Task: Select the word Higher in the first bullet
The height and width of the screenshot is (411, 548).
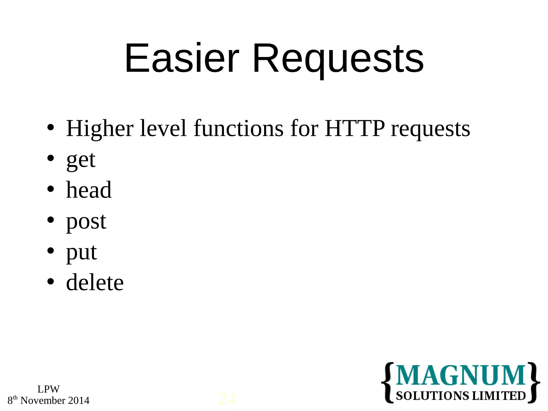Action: pyautogui.click(x=100, y=129)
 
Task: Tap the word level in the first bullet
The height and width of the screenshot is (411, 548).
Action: pyautogui.click(x=163, y=128)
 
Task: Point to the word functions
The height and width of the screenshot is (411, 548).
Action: pyautogui.click(x=238, y=128)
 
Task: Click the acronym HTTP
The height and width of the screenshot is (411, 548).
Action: pyautogui.click(x=355, y=128)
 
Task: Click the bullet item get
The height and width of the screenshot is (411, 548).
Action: pyautogui.click(x=81, y=160)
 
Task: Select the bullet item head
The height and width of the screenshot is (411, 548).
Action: pyautogui.click(x=89, y=190)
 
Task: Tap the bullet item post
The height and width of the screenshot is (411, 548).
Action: pyautogui.click(x=86, y=222)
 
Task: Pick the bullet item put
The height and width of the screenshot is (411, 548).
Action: pyautogui.click(x=81, y=252)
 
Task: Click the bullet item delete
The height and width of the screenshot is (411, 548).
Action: pyautogui.click(x=95, y=283)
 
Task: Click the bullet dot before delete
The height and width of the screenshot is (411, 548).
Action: pyautogui.click(x=50, y=281)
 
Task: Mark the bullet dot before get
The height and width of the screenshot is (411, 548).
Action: pyautogui.click(x=50, y=158)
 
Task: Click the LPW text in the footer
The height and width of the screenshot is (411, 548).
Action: pyautogui.click(x=48, y=389)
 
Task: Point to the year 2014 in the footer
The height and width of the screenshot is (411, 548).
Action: pyautogui.click(x=79, y=401)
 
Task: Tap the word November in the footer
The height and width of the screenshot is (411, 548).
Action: pyautogui.click(x=43, y=401)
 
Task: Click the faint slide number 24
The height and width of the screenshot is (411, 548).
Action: pyautogui.click(x=227, y=399)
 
